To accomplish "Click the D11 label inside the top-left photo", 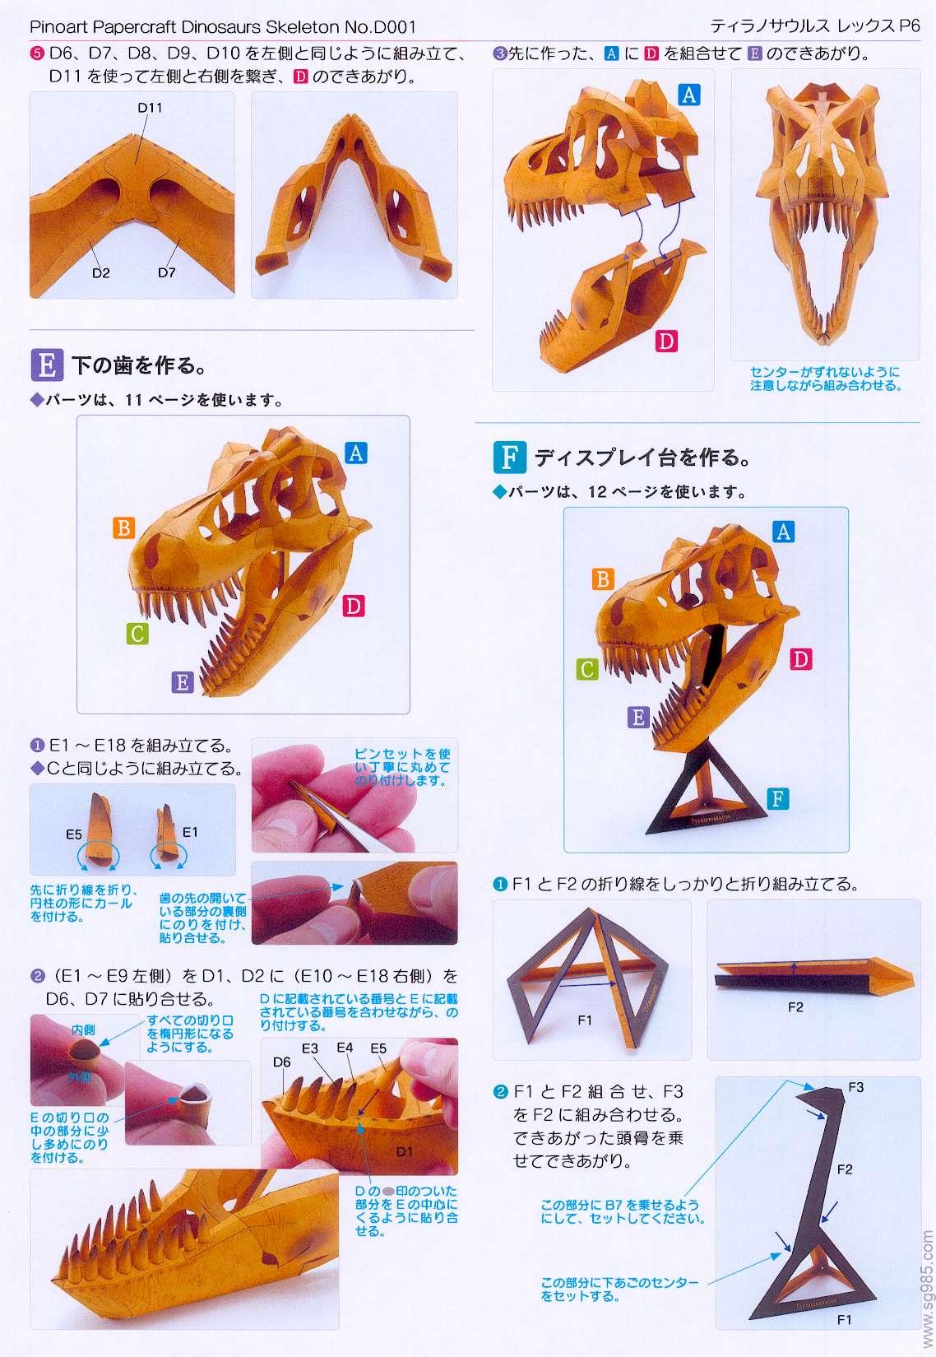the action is (x=150, y=108).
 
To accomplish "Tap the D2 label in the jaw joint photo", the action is (x=100, y=273).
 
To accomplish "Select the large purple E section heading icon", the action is (x=47, y=365).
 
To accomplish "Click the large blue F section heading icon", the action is (x=509, y=457).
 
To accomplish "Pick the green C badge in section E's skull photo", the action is (x=137, y=634).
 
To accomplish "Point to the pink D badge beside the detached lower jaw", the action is (x=666, y=341).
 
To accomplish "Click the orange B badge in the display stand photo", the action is (x=602, y=579).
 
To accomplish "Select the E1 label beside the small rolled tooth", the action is (x=189, y=832).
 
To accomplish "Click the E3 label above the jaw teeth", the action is (x=310, y=1048).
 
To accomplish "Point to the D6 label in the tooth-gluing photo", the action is (x=281, y=1062).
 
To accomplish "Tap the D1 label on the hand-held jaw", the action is (x=405, y=1151).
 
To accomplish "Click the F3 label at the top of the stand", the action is (x=856, y=1087).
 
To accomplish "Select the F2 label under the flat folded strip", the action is (x=795, y=1006).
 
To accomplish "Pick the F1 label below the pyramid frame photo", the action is (x=584, y=1020).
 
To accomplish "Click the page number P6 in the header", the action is (x=910, y=26).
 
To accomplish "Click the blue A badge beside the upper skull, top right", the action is (x=689, y=95).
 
